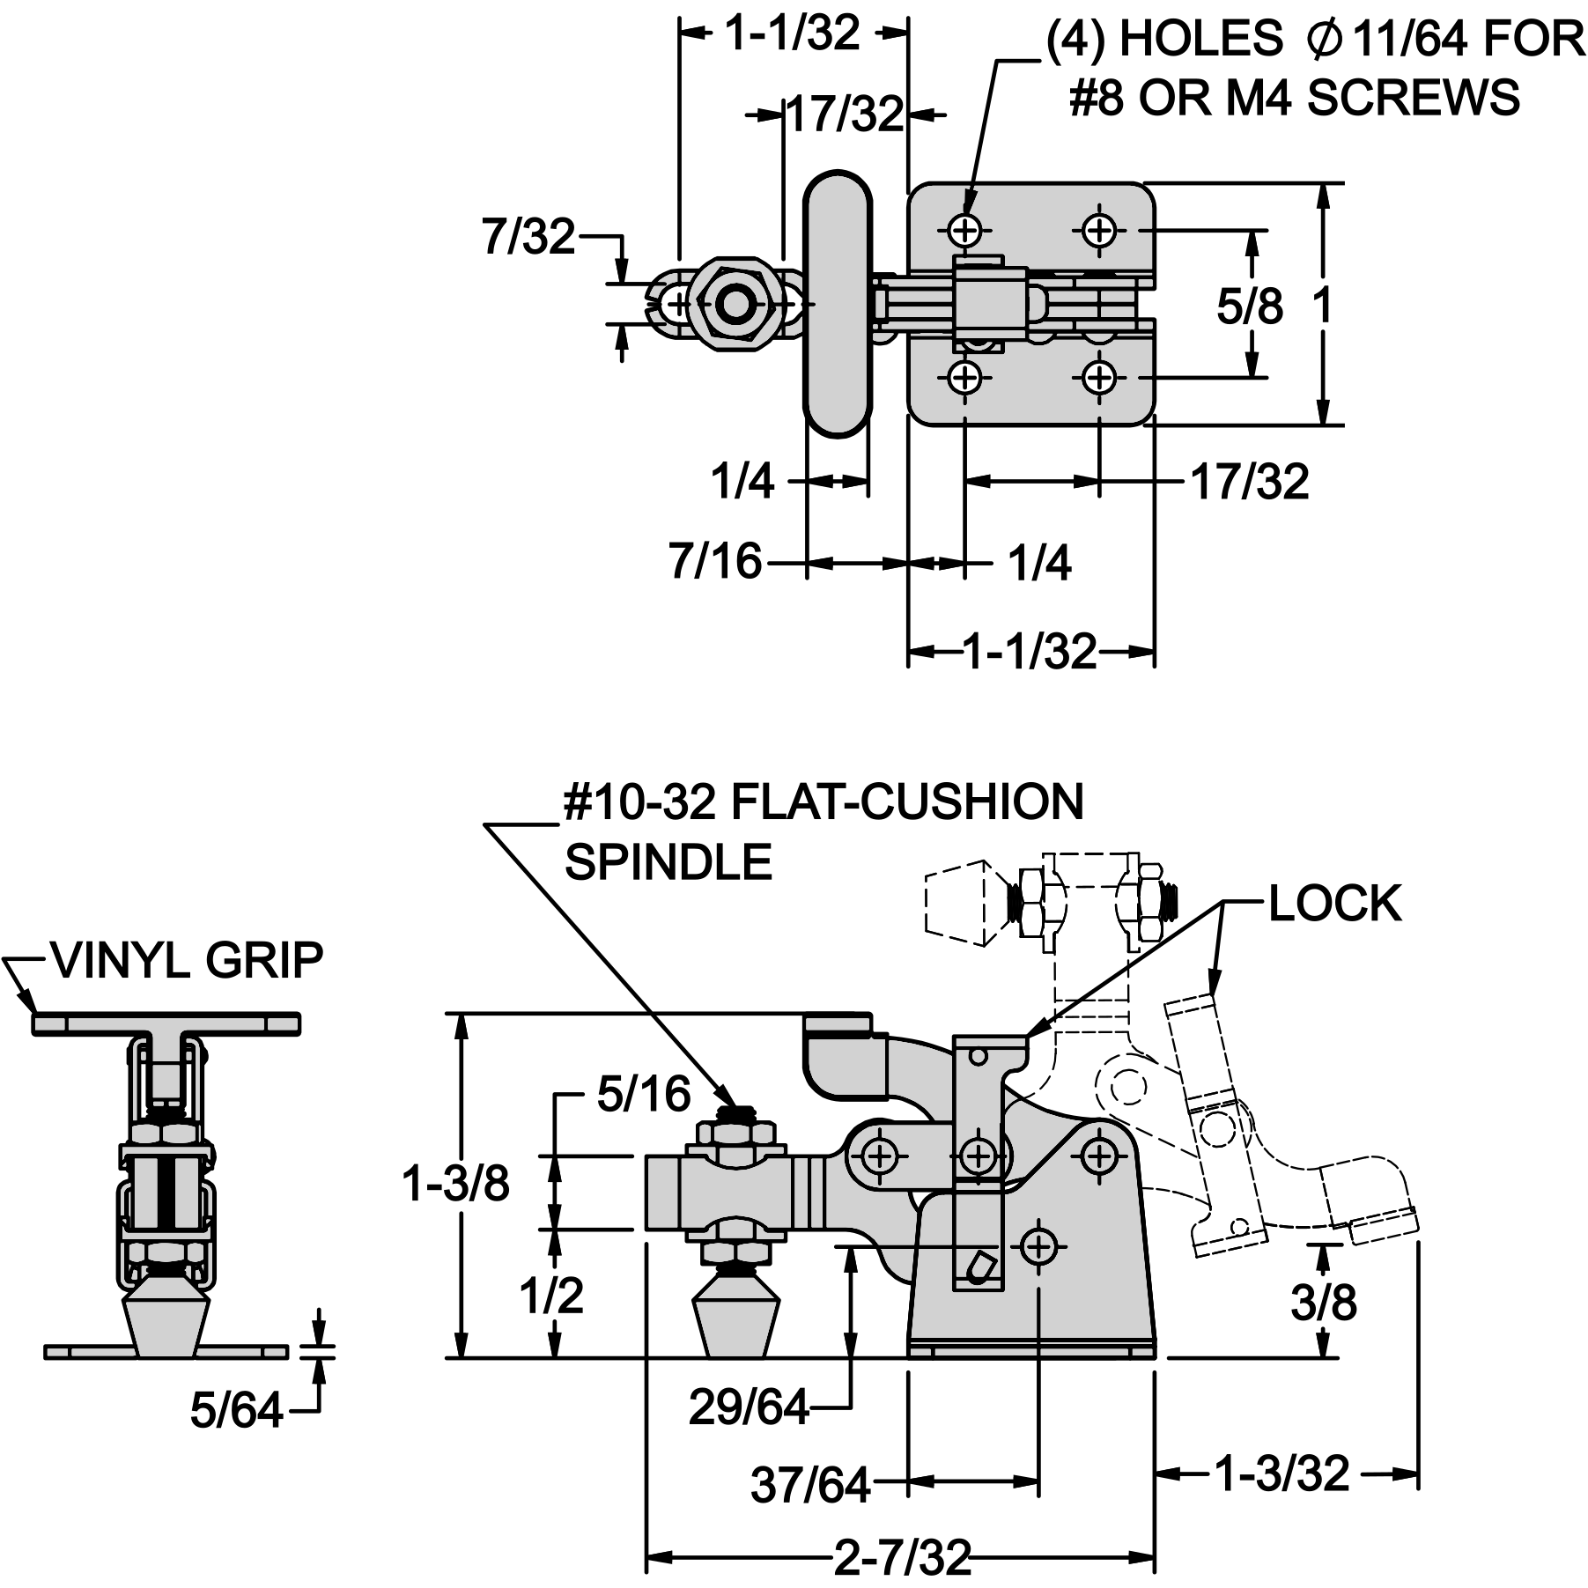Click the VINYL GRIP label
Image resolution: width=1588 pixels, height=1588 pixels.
(x=188, y=960)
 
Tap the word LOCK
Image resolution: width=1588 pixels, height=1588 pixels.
(x=1334, y=904)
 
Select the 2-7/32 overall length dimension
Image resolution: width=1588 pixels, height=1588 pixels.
(x=902, y=1558)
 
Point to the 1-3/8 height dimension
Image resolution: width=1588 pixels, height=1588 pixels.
(x=455, y=1184)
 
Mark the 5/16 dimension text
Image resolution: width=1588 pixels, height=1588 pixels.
(x=644, y=1095)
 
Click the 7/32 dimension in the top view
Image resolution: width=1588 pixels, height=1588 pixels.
(x=528, y=236)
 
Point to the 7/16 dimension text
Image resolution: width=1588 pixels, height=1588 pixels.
(x=715, y=561)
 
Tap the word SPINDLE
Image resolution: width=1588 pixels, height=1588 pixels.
(x=668, y=862)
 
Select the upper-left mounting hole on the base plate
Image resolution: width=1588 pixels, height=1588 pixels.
(x=966, y=231)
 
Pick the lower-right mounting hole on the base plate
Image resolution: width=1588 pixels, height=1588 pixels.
(x=1099, y=378)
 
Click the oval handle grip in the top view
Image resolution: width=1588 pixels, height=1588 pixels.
(x=838, y=304)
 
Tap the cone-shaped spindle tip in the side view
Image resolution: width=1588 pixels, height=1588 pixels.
(x=738, y=1321)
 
